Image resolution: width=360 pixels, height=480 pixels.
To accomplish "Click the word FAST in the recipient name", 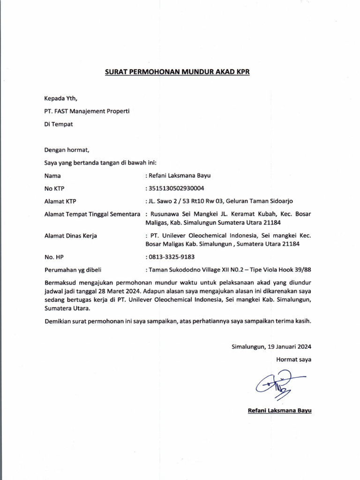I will coord(62,111).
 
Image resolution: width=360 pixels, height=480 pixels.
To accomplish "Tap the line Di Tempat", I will coord(59,124).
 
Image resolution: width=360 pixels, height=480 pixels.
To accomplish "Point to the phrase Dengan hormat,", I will coord(67,150).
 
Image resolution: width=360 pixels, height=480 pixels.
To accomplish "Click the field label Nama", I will coord(52,176).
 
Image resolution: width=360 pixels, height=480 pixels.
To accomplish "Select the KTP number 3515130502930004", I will coord(176,189).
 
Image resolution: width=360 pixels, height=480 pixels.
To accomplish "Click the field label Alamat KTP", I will coord(60,202).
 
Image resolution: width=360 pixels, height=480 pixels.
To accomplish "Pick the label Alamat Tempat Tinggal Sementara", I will coord(92,214).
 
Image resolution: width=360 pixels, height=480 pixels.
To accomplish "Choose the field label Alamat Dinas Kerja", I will coord(70,236).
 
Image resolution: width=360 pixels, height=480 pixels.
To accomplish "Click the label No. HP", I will coord(53,257).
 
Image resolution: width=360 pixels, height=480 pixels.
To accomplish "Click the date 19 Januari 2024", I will coord(289,347).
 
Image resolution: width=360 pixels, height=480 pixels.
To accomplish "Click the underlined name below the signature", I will coord(279,411).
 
